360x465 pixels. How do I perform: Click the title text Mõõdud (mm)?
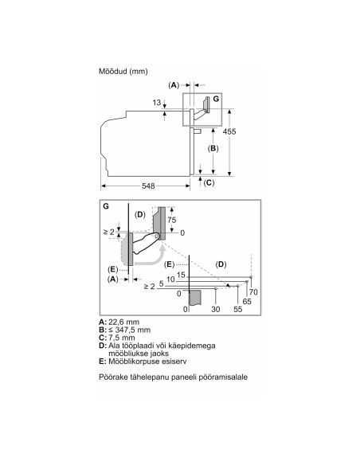(x=123, y=71)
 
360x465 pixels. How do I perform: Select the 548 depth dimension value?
(x=148, y=186)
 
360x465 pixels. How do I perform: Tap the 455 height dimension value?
(x=229, y=131)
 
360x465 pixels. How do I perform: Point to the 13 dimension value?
(x=157, y=103)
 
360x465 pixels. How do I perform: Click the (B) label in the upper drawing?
(x=213, y=148)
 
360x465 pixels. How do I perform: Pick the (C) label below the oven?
(x=209, y=182)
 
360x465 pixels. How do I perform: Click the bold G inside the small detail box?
(x=216, y=99)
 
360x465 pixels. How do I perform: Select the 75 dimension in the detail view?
(x=172, y=220)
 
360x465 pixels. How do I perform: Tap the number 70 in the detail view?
(x=253, y=292)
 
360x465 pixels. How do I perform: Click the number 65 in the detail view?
(x=247, y=302)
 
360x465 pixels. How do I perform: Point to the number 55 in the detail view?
(x=238, y=309)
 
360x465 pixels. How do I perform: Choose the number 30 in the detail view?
(x=216, y=309)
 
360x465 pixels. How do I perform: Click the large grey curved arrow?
(x=155, y=261)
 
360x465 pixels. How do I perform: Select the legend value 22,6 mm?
(x=123, y=322)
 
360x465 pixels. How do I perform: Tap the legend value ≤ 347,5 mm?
(x=129, y=330)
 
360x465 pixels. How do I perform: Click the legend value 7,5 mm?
(x=122, y=338)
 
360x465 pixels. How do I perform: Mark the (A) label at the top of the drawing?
(x=174, y=85)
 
